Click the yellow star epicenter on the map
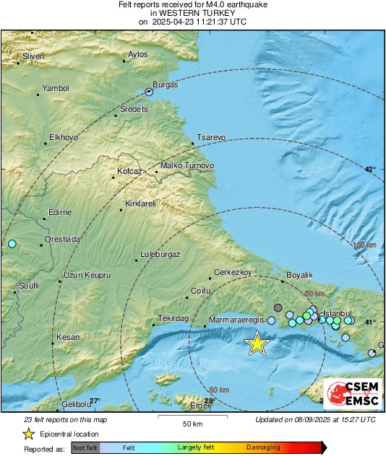[x=257, y=344]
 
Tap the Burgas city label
[x=165, y=84]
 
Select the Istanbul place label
[x=336, y=313]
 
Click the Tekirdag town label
[x=173, y=318]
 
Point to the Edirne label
[x=59, y=212]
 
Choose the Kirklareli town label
[x=141, y=204]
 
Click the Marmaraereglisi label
[x=238, y=319]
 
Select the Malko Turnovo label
[x=187, y=166]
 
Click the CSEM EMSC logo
[x=351, y=395]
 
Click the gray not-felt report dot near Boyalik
[x=278, y=307]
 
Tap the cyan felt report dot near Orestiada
[x=12, y=245]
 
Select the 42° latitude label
[x=369, y=170]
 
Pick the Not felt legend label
[x=85, y=447]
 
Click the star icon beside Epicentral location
[x=28, y=434]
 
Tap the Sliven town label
[x=33, y=56]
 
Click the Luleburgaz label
[x=160, y=254]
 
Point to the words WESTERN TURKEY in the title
[x=192, y=13]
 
